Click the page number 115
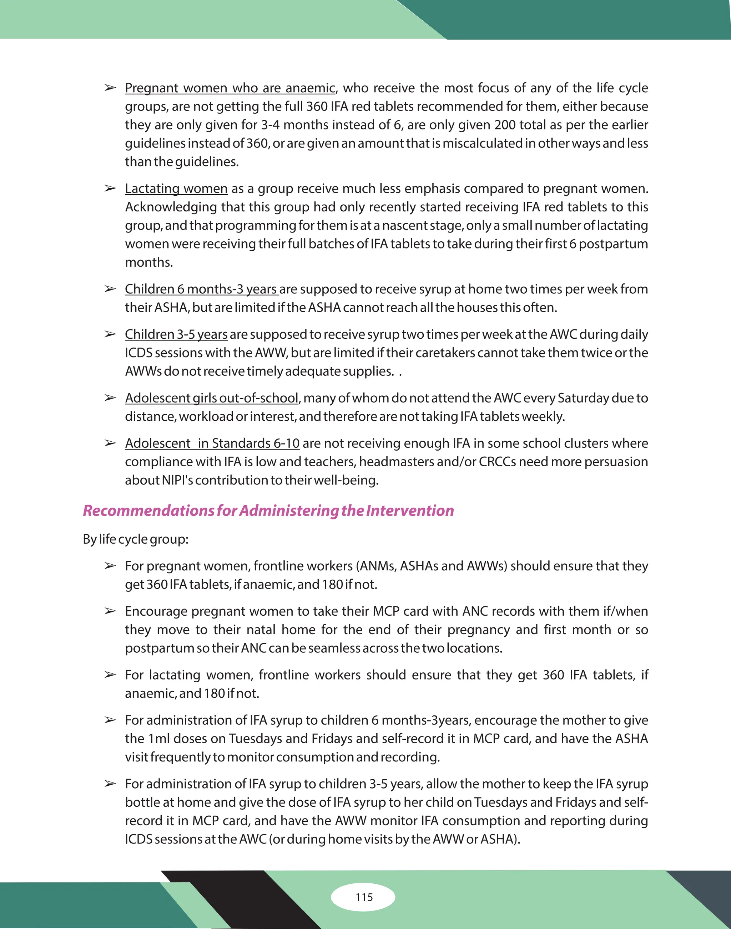tap(364, 897)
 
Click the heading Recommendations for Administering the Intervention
tap(268, 510)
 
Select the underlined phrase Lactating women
tap(176, 189)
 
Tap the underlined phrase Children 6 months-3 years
tap(201, 289)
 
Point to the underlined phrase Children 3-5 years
tap(176, 334)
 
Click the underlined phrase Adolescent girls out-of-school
tap(211, 398)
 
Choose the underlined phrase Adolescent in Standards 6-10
tap(212, 443)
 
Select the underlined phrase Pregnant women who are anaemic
tap(230, 88)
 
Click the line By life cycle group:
tap(136, 539)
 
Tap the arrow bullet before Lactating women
tap(110, 189)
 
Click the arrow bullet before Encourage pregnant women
tap(110, 611)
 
